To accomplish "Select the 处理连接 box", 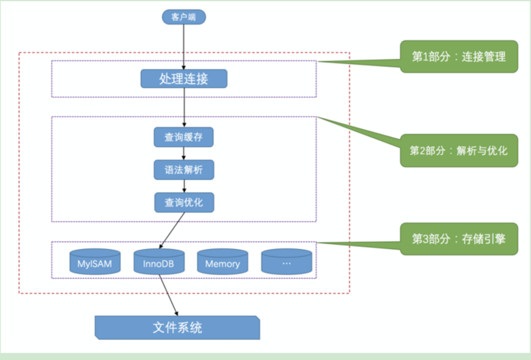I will click(184, 78).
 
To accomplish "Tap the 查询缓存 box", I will click(184, 137).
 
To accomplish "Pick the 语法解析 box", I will click(184, 170).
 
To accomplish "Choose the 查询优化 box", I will click(184, 202).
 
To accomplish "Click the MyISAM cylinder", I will click(95, 262).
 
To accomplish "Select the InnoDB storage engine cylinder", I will click(159, 262).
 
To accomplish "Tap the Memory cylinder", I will click(222, 262).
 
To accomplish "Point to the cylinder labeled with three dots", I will click(286, 262).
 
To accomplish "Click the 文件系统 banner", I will click(178, 328).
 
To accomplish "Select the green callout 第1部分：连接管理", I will click(459, 57).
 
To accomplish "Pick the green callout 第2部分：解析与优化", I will click(459, 150).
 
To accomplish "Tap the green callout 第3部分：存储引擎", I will click(459, 238).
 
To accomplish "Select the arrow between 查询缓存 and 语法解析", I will click(184, 153).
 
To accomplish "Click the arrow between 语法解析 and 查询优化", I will click(184, 186).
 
